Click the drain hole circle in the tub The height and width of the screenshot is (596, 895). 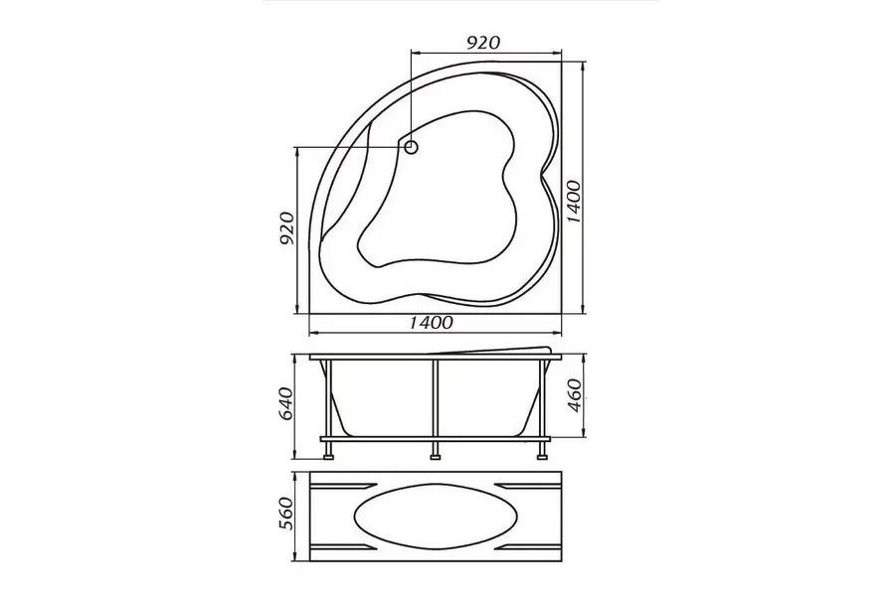[x=411, y=148]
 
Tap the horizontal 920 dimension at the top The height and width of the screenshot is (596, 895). [x=483, y=42]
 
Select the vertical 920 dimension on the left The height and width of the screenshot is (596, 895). [x=287, y=228]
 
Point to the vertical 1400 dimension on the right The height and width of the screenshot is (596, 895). [x=574, y=202]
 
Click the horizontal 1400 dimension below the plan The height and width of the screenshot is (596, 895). [x=431, y=323]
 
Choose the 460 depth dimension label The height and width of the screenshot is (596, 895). [x=575, y=394]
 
